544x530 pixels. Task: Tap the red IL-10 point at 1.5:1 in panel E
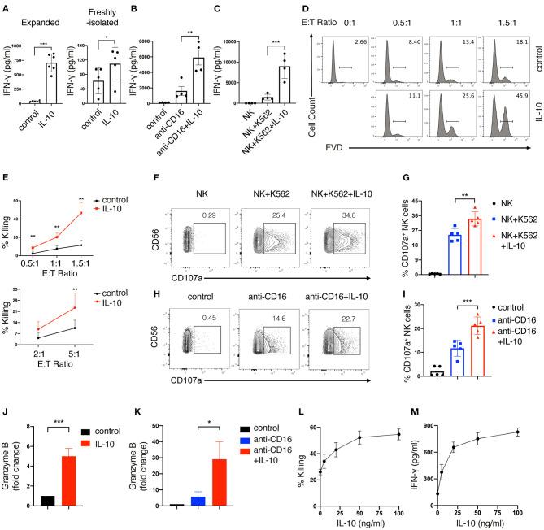[105, 213]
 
